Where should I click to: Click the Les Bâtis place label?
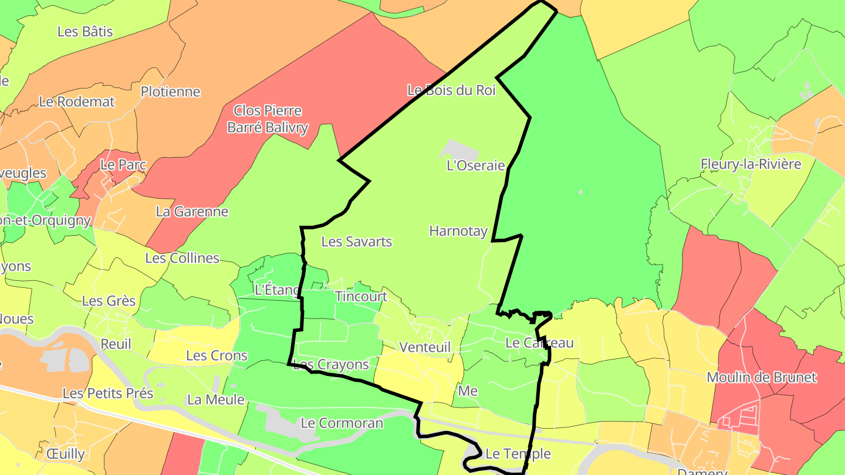85,32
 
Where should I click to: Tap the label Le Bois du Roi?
451,90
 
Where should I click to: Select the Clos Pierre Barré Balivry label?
268,119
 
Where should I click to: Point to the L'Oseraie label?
475,165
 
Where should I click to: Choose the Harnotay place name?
458,231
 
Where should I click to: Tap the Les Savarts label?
357,242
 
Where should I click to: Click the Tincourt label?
361,297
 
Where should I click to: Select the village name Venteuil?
425,347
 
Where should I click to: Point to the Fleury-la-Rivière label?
751,164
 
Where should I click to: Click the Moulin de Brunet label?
761,377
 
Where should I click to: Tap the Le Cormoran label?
342,423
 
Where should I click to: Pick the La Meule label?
215,400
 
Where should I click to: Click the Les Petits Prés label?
108,393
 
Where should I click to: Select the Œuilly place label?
65,454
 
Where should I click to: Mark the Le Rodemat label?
77,101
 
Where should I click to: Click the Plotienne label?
170,92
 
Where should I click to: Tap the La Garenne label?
192,212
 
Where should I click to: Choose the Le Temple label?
518,454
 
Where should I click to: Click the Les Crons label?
217,356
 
